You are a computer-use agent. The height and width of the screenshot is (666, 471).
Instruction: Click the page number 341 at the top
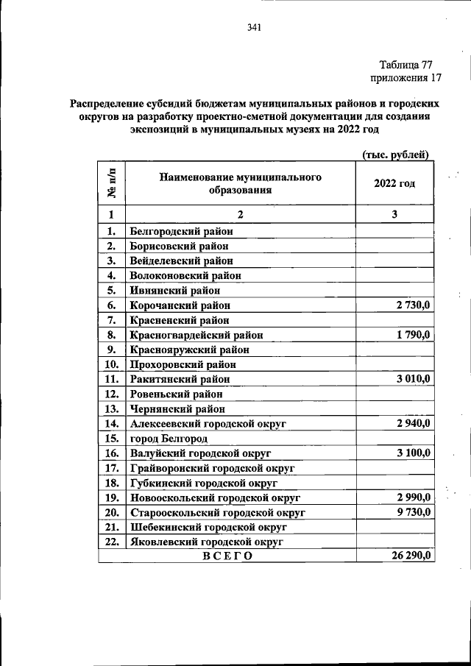(x=255, y=29)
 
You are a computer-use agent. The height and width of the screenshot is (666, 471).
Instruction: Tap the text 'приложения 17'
(x=405, y=77)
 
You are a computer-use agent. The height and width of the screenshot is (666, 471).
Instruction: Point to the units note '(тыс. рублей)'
(x=396, y=153)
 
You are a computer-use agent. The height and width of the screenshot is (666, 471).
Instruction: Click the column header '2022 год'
(x=394, y=183)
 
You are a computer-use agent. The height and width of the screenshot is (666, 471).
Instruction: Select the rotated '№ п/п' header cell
(x=112, y=183)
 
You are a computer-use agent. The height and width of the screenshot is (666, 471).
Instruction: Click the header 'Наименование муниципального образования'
(x=239, y=183)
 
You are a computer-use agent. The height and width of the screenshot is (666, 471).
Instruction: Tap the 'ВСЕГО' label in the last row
(x=227, y=556)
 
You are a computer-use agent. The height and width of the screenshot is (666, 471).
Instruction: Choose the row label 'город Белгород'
(x=168, y=439)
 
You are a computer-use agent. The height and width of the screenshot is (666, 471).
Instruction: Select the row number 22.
(x=112, y=542)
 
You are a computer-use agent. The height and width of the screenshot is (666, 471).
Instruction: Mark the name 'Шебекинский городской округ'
(x=208, y=527)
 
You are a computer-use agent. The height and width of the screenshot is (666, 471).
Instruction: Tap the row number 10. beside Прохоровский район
(x=112, y=364)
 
